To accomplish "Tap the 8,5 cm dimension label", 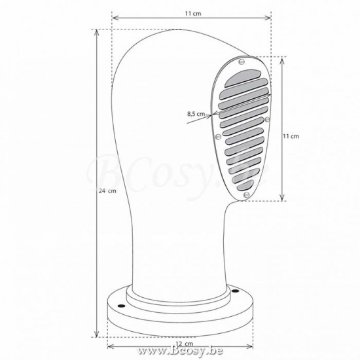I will (x=196, y=114).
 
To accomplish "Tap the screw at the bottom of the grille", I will (x=245, y=194).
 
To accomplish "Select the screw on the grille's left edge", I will (x=217, y=137).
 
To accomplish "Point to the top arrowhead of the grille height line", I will (x=283, y=58).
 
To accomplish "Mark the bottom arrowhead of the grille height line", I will (x=283, y=199).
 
